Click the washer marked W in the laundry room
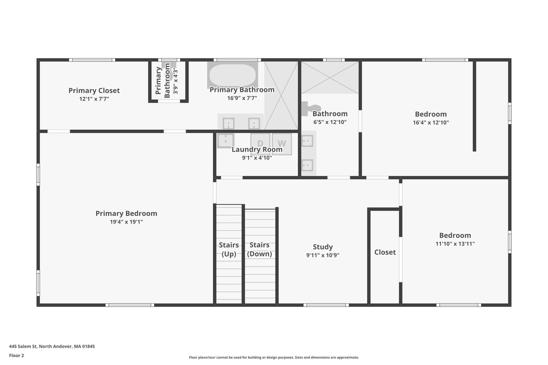pos(282,144)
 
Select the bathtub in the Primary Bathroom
pos(232,75)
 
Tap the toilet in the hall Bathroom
pos(310,108)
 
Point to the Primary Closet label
pos(94,91)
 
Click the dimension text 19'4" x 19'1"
pos(126,222)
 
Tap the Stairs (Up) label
pos(229,249)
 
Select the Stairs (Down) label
pos(259,249)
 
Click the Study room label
pos(323,247)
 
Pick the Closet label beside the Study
pos(385,252)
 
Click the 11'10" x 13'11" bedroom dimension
pos(455,244)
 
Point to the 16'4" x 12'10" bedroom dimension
pos(431,123)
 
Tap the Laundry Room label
pos(257,149)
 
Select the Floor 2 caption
pos(17,355)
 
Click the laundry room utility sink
pos(226,140)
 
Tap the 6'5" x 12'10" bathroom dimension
pos(330,122)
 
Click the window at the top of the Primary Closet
pos(92,60)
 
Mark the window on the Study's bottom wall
pos(326,305)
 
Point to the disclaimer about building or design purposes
pos(274,357)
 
